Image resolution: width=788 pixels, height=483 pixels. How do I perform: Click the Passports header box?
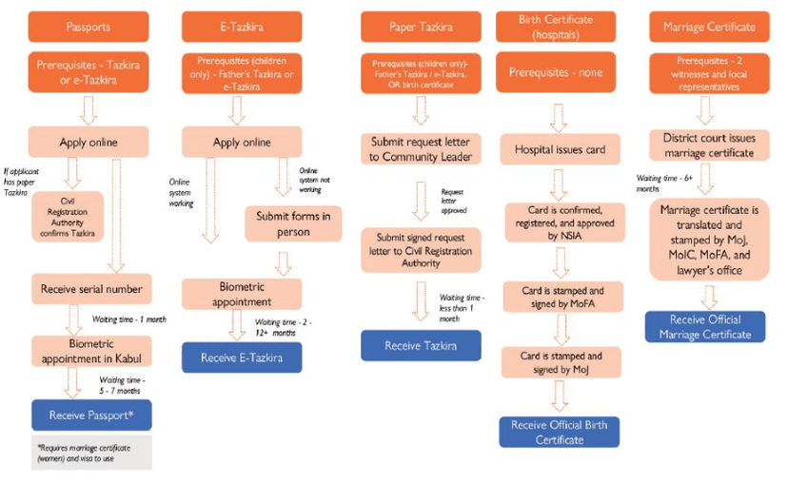pos(89,27)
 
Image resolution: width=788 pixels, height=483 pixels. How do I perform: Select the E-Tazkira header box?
pos(242,27)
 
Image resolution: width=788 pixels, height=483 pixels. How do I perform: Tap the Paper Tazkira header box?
pos(421,27)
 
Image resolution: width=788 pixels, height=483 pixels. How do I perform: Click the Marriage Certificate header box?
pos(704,27)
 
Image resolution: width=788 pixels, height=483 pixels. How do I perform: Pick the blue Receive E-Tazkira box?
pos(242,357)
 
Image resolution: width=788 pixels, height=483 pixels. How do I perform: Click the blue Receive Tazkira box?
pos(421,345)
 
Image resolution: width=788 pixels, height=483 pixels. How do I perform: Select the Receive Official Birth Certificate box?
pos(559,432)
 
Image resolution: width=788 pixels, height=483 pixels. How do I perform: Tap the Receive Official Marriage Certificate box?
pos(704,326)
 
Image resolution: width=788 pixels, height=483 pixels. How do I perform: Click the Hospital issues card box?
pos(559,149)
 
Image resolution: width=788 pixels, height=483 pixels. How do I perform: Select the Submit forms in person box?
pos(292,224)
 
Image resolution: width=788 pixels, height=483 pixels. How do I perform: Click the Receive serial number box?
pos(91,288)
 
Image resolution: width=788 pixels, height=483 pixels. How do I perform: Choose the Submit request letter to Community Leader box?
pos(421,149)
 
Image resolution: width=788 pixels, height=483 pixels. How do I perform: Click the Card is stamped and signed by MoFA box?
pos(559,298)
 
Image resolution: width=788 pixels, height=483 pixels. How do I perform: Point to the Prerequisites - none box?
pos(559,72)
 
